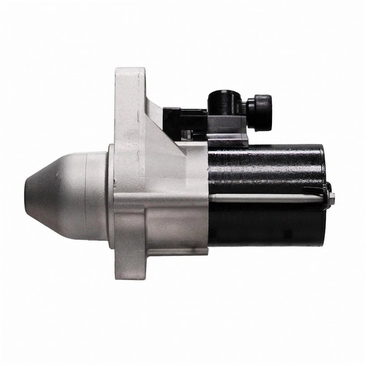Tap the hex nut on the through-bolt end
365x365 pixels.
click(x=331, y=197)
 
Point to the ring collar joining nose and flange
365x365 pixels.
click(x=111, y=196)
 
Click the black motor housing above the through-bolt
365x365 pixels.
click(x=266, y=167)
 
